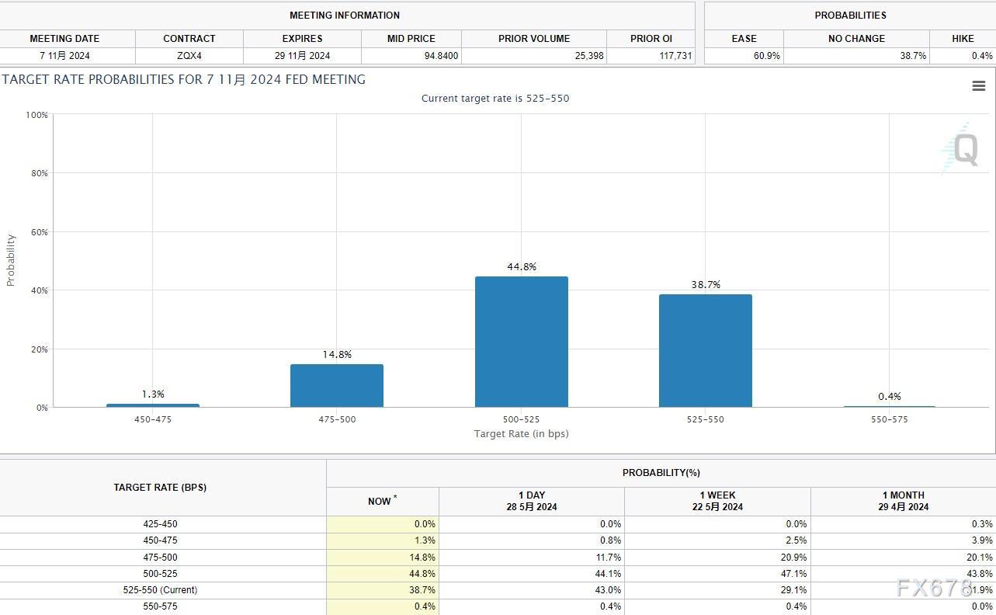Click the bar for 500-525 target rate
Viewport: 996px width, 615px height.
pos(521,342)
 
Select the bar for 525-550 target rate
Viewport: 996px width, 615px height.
pos(705,350)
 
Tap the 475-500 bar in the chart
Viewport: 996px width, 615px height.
pos(336,385)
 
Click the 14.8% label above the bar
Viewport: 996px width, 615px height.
pos(337,355)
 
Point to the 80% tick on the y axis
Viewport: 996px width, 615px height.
pos(39,173)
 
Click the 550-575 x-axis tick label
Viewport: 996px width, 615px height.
pos(889,419)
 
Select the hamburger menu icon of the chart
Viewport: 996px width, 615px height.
pos(978,86)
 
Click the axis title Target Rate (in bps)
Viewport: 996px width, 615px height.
pos(521,434)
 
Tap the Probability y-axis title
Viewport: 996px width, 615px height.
pos(11,260)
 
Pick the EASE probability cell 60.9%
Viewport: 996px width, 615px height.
pos(766,56)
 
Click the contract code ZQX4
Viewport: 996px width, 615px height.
pos(189,56)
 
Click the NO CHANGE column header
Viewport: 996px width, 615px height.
pos(856,38)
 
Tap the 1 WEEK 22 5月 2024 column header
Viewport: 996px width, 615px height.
pos(717,501)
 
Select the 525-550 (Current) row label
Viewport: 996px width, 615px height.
pos(160,590)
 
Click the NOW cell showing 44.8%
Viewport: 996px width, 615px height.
pos(424,574)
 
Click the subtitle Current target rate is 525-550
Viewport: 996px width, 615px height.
pos(495,99)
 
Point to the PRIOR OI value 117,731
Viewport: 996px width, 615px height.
pos(675,56)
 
